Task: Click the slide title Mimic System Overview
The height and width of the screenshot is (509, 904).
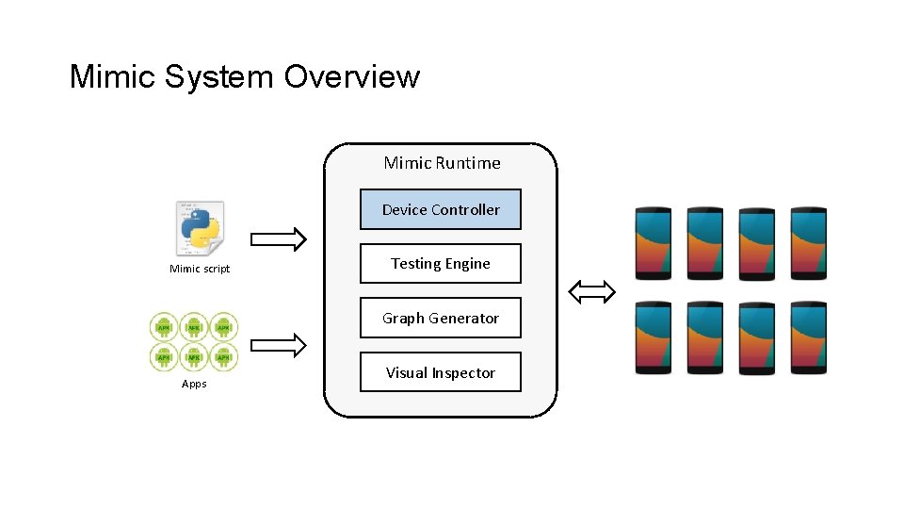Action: click(x=244, y=76)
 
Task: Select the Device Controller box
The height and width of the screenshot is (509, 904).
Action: click(x=441, y=209)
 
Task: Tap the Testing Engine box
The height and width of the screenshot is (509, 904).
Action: click(x=441, y=264)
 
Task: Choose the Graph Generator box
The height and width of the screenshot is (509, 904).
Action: click(x=441, y=319)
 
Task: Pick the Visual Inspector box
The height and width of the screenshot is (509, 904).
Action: click(x=441, y=372)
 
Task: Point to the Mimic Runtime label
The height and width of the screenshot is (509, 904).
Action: click(x=442, y=163)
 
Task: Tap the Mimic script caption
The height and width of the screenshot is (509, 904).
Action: click(x=200, y=270)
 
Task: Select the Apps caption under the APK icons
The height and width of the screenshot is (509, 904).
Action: click(x=194, y=384)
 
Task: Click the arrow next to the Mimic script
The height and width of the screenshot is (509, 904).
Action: click(x=280, y=239)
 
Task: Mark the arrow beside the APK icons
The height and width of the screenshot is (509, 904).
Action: click(x=280, y=346)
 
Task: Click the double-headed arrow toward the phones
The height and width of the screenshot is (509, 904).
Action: click(x=592, y=292)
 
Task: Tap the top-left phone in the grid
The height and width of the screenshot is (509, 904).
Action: click(x=654, y=242)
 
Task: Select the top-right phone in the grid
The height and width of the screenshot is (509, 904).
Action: click(x=808, y=242)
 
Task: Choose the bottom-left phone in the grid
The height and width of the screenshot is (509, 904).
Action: click(x=654, y=337)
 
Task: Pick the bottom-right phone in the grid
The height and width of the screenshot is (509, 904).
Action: click(x=808, y=337)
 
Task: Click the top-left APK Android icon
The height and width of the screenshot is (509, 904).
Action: click(x=165, y=327)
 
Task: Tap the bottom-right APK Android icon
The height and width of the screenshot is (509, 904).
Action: click(x=223, y=356)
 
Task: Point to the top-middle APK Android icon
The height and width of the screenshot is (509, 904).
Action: click(x=194, y=327)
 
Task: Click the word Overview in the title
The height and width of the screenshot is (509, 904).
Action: click(x=351, y=76)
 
